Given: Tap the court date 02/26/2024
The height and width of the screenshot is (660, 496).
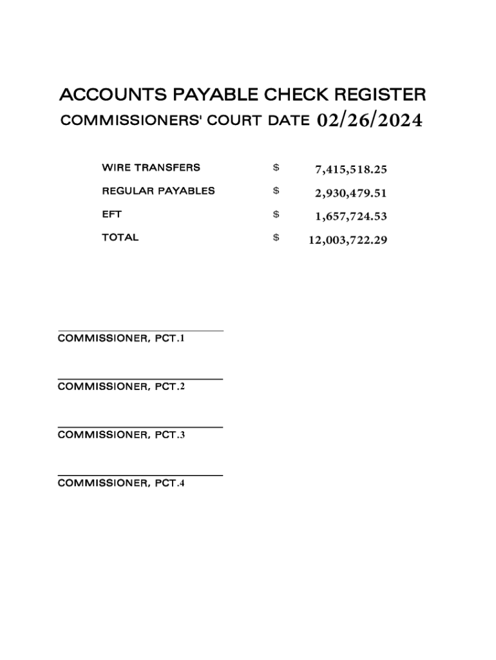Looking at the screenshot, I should (370, 121).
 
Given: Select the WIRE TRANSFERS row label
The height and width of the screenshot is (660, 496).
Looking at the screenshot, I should (151, 168).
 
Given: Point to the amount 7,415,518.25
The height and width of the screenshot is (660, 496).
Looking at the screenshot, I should (350, 170).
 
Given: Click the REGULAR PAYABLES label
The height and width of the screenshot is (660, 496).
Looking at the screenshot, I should (158, 191).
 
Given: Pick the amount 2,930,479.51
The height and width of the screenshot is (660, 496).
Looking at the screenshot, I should (350, 193).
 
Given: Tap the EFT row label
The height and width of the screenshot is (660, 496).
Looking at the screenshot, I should (111, 214).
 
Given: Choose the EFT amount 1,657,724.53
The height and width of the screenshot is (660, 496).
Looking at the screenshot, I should (350, 216).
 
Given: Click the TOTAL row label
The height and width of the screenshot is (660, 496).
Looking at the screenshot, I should (120, 237).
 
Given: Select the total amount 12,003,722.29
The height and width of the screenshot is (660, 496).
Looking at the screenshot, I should (347, 240).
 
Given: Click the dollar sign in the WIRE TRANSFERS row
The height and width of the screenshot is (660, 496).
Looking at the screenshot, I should (276, 168).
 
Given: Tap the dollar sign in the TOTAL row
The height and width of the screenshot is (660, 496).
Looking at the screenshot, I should (276, 238).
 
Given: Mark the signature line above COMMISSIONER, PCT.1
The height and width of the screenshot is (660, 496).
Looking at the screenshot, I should (140, 331).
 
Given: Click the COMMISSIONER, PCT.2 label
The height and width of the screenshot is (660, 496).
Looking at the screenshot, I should (121, 386).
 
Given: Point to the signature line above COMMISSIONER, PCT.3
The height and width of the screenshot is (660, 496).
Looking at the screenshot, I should (140, 427).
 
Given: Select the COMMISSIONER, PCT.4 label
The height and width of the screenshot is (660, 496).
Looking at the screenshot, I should (121, 483).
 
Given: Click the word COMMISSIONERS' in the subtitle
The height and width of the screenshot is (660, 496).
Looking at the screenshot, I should (131, 121).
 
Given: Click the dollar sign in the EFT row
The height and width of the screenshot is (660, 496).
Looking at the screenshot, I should (276, 215).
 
